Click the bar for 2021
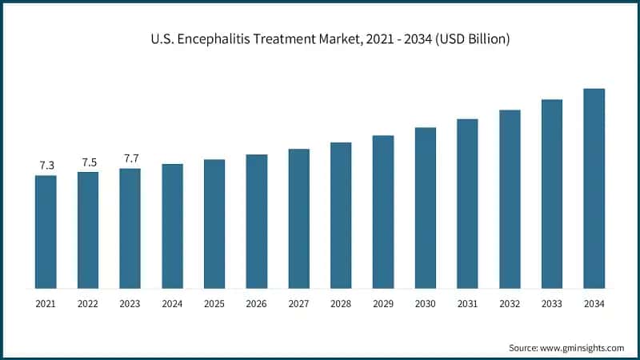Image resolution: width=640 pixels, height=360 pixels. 46,232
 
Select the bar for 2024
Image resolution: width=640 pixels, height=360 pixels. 172,226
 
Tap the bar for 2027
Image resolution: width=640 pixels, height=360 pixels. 298,218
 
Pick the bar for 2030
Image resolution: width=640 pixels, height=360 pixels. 425,208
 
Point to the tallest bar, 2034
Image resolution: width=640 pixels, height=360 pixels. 594,188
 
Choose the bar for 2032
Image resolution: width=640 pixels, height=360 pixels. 510,199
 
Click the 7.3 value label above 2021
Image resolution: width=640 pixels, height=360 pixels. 46,166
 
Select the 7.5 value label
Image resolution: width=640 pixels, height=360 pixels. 89,162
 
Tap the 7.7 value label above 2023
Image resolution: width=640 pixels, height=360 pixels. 130,158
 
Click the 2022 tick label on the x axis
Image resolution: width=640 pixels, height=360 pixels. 88,304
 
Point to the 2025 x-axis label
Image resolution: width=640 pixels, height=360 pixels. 214,304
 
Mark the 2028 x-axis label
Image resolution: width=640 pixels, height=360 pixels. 341,304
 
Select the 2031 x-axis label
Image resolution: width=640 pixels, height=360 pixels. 467,304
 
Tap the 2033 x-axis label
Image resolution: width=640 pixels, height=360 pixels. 551,304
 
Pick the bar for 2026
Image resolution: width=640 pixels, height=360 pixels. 256,222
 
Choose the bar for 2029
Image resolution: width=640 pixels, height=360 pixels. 383,212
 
